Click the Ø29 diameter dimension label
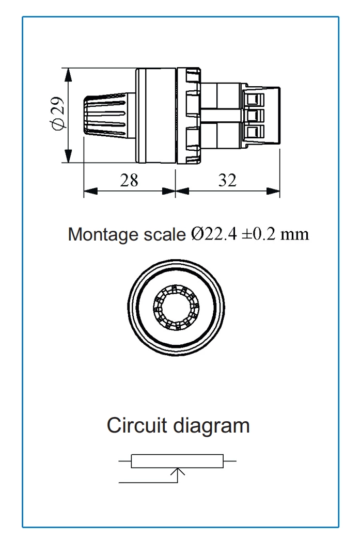pos(58,115)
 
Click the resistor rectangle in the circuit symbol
pos(177,461)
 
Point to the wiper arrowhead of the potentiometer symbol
pos(178,471)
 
